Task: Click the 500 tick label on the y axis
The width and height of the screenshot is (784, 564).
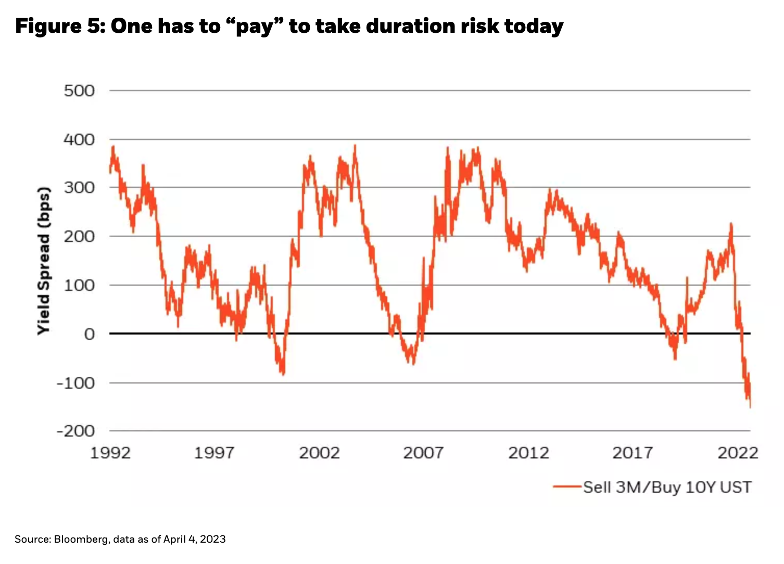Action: tap(79, 91)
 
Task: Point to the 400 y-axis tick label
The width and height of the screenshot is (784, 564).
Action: tap(79, 139)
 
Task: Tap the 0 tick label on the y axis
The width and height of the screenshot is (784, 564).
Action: tap(90, 334)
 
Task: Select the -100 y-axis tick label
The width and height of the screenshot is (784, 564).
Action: tap(76, 383)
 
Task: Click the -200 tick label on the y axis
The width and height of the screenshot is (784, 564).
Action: tap(76, 431)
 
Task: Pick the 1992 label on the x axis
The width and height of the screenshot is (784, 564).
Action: tap(110, 453)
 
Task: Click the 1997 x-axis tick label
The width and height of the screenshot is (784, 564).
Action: tap(214, 453)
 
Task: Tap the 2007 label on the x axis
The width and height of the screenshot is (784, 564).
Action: tap(423, 453)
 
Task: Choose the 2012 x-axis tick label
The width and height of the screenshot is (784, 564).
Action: tap(528, 453)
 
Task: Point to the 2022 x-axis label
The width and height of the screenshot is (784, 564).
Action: tap(738, 453)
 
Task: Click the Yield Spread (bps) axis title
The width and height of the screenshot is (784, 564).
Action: tap(44, 261)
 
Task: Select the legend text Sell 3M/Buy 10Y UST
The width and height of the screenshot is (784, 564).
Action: tap(667, 487)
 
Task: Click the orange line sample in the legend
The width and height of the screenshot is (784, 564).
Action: tap(567, 487)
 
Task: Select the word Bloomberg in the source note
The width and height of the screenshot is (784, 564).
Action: tap(81, 539)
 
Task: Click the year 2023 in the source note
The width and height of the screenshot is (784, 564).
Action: tap(213, 539)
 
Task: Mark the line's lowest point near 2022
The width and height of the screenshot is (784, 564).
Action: tap(750, 407)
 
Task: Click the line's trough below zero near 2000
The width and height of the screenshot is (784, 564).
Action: tap(283, 374)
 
